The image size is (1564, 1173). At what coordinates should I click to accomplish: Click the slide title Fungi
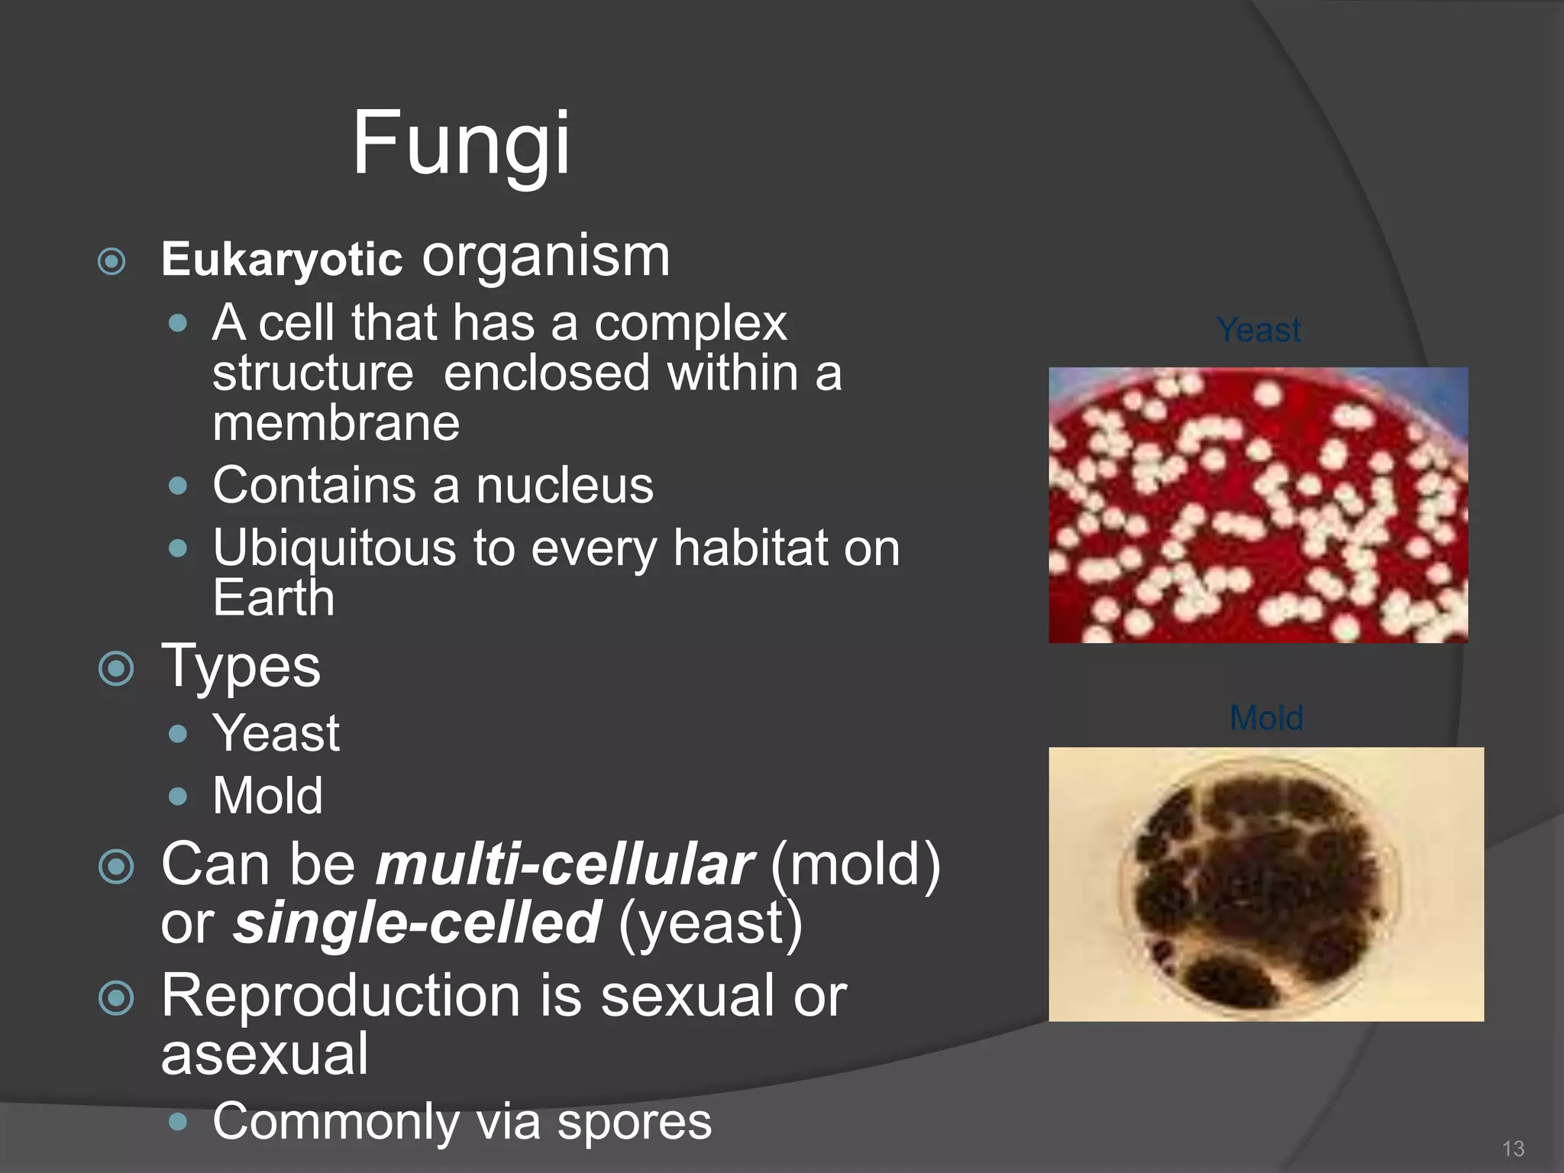coord(460,143)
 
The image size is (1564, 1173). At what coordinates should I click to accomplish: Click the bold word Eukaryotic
coord(282,260)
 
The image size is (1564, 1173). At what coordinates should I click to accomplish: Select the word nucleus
coord(564,486)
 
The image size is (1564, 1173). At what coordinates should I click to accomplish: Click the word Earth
coord(273,598)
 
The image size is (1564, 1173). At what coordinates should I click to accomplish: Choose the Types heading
coord(241,667)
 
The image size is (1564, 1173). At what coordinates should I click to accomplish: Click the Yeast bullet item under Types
coord(276,733)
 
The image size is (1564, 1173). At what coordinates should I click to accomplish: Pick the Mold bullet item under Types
coord(267,796)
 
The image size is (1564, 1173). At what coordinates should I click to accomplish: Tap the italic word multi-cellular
coord(565,865)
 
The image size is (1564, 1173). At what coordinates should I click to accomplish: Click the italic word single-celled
coord(417,923)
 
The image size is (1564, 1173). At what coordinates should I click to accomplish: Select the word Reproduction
coord(341,996)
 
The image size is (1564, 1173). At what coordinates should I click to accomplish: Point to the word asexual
coord(264,1054)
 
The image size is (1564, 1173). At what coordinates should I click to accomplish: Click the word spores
coord(634,1122)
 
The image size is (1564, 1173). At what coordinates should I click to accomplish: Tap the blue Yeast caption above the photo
coord(1259,330)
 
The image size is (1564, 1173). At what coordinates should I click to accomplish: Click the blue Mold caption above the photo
coord(1266,718)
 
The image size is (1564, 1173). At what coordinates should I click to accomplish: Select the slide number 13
coord(1513,1149)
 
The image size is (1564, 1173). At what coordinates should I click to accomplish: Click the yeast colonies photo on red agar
coord(1258,505)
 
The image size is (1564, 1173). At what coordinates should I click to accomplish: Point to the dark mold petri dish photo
coord(1265,884)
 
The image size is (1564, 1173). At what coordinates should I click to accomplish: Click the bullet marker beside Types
coord(116,669)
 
